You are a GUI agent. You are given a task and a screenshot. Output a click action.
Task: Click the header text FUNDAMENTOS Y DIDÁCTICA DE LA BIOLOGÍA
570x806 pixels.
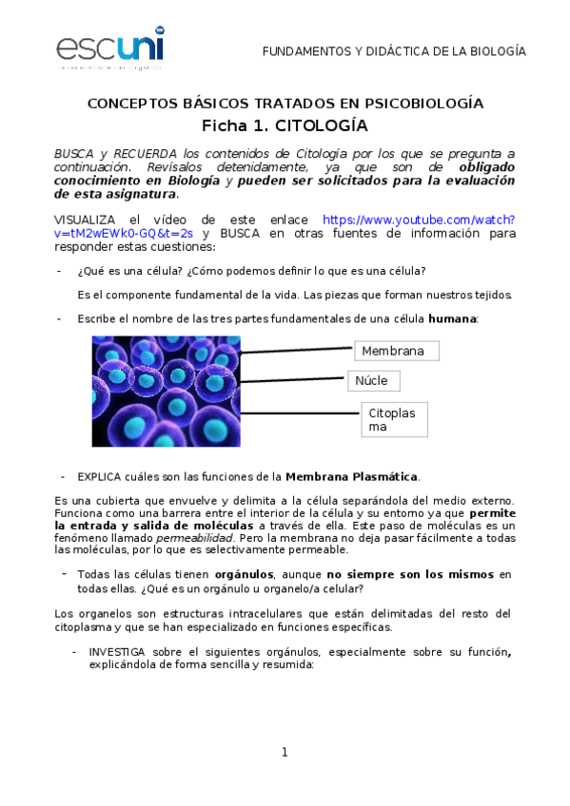click(393, 51)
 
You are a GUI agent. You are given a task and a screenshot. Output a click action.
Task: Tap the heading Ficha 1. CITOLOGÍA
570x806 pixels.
click(285, 125)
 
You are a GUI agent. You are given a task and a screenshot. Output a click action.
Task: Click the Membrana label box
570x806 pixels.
click(397, 351)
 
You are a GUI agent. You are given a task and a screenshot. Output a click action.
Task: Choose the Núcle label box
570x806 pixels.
click(373, 381)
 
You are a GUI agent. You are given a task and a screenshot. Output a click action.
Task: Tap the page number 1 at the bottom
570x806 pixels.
click(284, 753)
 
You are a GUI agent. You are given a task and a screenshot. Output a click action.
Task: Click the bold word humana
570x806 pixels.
click(452, 318)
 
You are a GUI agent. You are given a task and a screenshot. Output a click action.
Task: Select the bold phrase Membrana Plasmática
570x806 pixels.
click(351, 475)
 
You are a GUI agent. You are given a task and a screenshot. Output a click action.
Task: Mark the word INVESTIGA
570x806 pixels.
click(118, 652)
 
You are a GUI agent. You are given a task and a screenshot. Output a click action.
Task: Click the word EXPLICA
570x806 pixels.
click(99, 475)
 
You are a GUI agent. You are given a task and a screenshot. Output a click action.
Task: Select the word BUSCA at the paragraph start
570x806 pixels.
click(73, 153)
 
